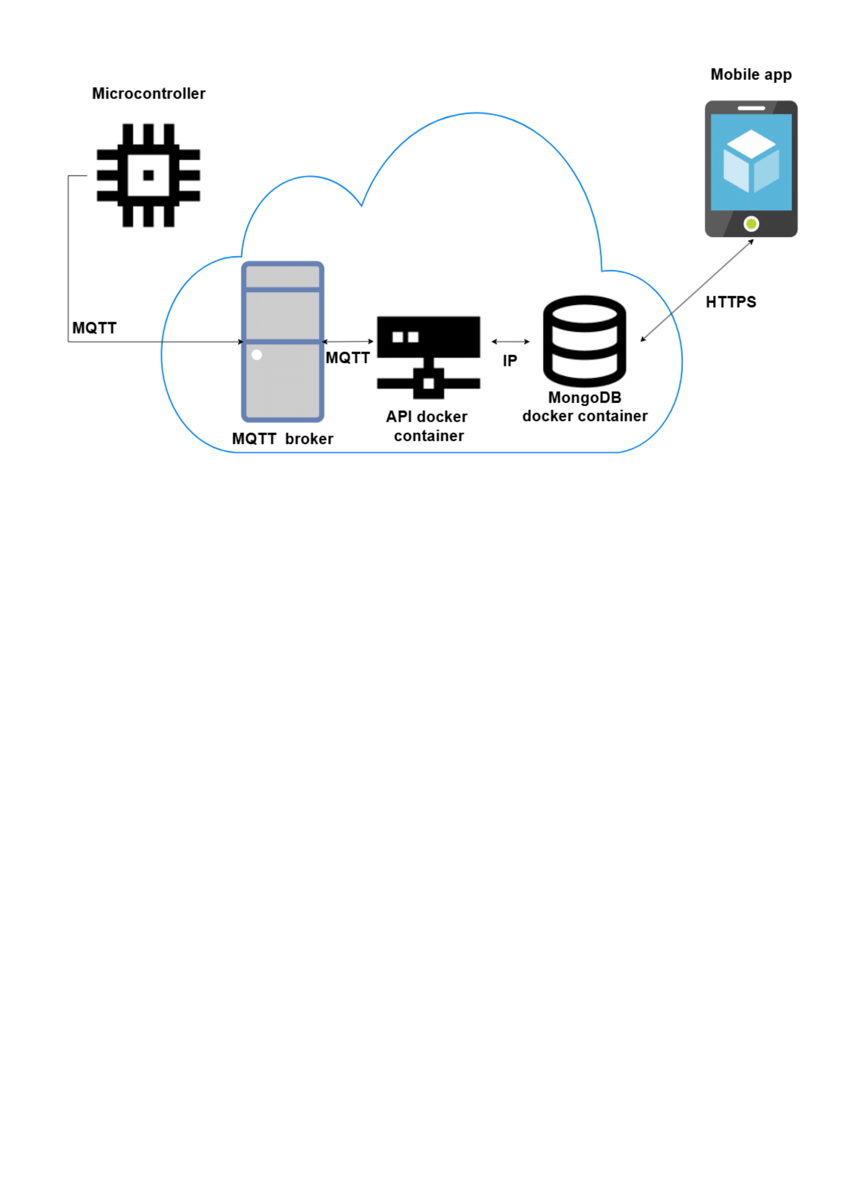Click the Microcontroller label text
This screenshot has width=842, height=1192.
[148, 93]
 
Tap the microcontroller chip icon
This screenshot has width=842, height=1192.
[148, 175]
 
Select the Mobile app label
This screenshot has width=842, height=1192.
[751, 75]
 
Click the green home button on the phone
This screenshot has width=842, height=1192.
[751, 224]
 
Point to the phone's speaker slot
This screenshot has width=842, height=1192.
[751, 109]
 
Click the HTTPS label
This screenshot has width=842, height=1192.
[730, 302]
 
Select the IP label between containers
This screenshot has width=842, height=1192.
[509, 361]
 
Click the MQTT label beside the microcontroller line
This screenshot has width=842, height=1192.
[94, 328]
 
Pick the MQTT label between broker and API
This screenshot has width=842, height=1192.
[347, 358]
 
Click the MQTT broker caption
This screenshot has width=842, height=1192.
[282, 439]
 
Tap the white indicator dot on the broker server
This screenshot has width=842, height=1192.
[256, 355]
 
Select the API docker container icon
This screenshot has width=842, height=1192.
[428, 357]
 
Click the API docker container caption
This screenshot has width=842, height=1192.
[428, 426]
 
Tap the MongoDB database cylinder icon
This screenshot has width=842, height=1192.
[584, 341]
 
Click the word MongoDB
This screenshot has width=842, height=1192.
[585, 398]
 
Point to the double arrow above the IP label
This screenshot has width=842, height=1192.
[510, 341]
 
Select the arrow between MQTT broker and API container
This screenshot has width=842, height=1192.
[347, 341]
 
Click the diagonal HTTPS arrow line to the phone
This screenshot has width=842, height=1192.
[697, 290]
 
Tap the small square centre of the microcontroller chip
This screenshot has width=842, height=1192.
[148, 175]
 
